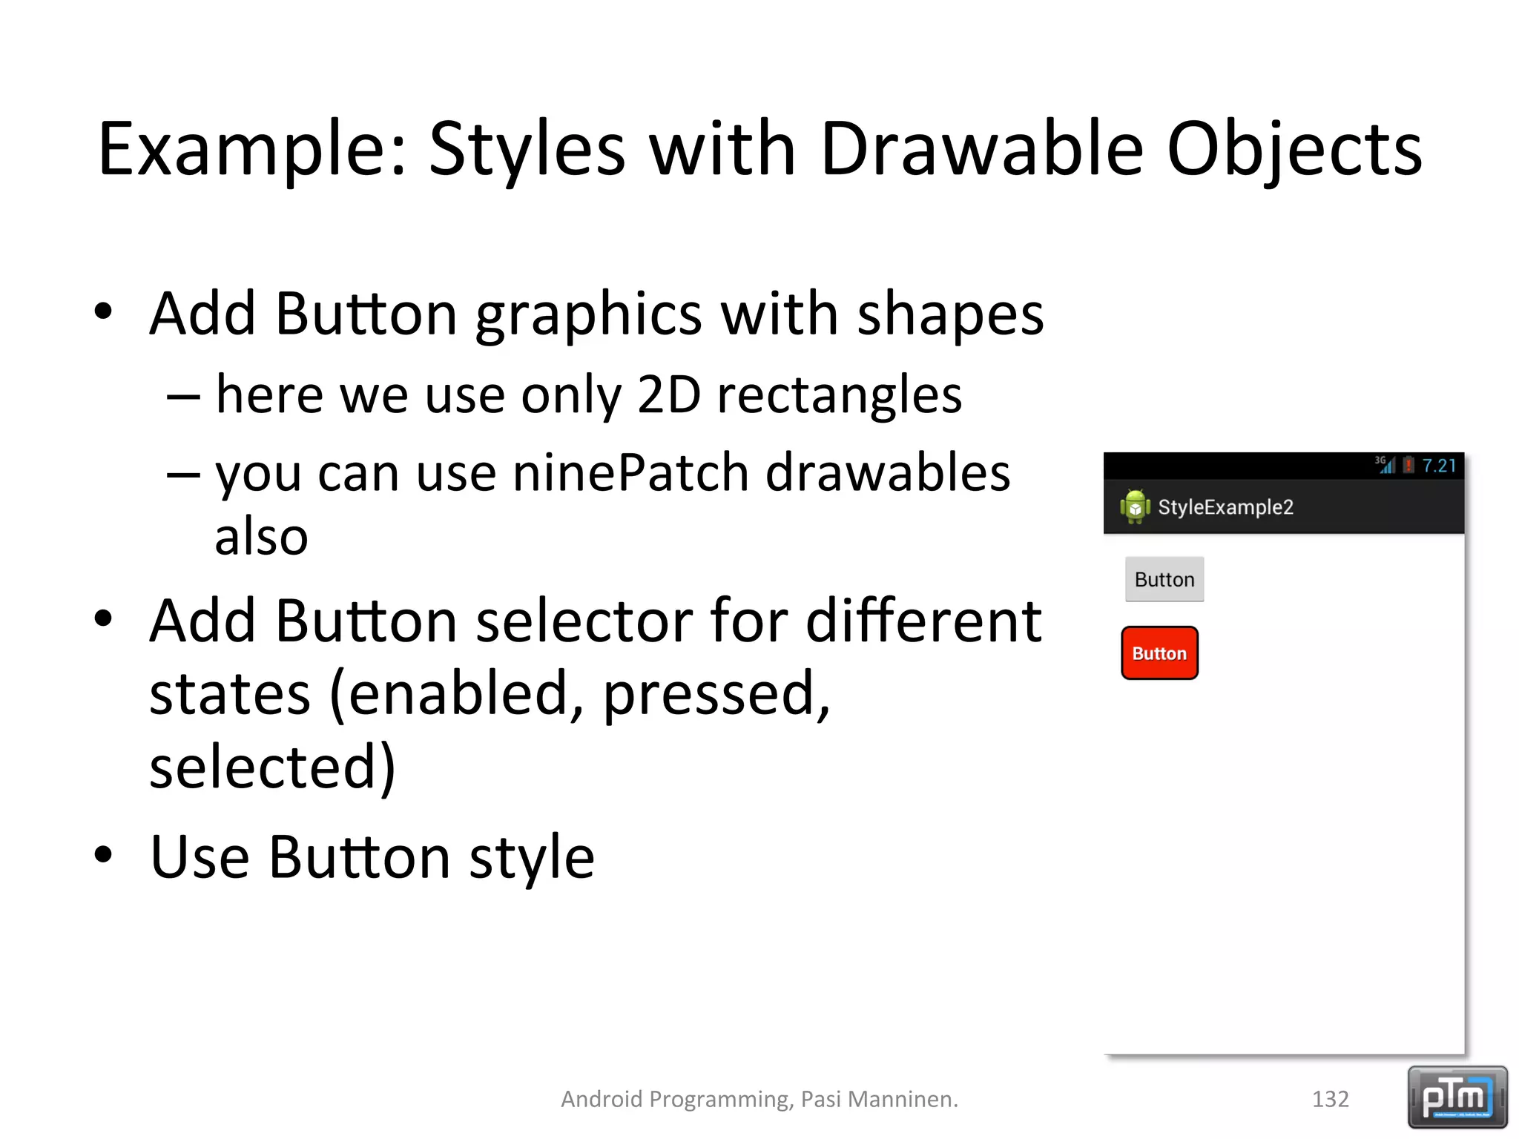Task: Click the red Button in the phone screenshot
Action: coord(1159,653)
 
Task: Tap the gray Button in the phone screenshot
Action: coord(1164,579)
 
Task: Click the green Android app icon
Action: coord(1135,506)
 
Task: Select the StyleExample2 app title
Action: coord(1225,507)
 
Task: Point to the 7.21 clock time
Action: coord(1439,466)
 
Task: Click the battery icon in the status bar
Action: coord(1408,465)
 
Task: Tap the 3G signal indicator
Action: coord(1384,464)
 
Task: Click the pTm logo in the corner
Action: coord(1457,1097)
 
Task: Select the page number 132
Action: coord(1330,1099)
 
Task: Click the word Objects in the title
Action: coord(1294,150)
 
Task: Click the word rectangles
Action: coord(839,394)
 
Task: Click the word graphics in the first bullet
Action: coord(588,314)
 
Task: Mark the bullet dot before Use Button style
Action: coord(104,854)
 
